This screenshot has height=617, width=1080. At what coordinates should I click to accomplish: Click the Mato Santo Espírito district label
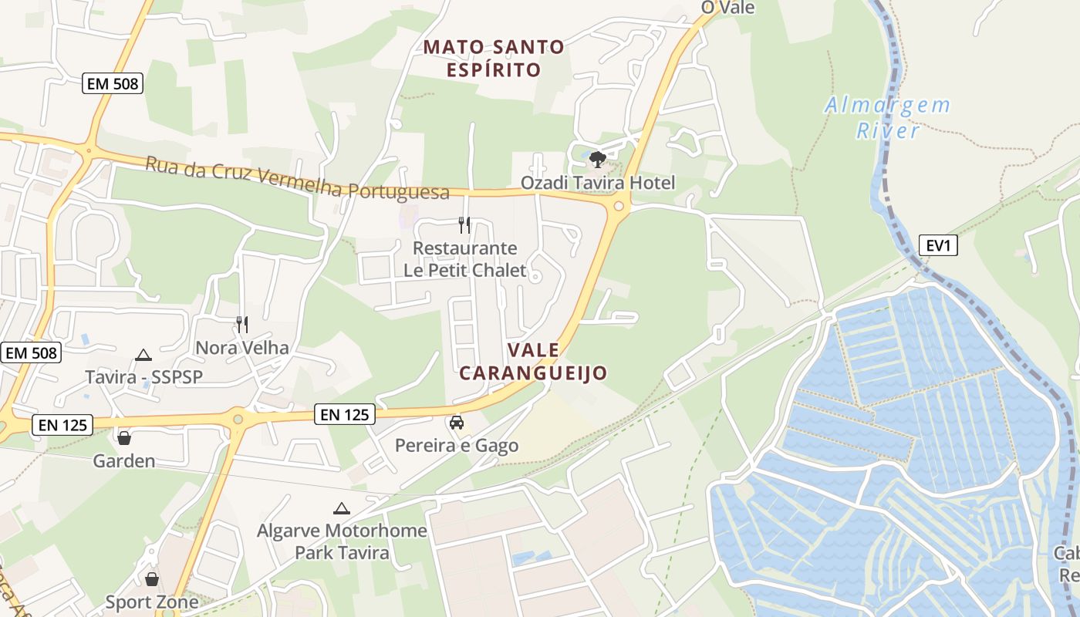coord(494,58)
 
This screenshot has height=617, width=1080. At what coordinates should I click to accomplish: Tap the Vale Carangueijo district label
coord(533,362)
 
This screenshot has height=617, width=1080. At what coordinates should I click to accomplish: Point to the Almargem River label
coord(888,117)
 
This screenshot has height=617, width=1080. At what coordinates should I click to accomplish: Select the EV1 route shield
coord(938,246)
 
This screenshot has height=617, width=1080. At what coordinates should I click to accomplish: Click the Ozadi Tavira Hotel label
coord(598,183)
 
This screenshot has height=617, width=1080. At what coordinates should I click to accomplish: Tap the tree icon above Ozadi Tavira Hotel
coord(597,160)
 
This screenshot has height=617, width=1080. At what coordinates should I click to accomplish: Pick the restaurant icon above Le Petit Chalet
coord(464,225)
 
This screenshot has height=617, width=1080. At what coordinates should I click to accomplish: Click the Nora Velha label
coord(242,347)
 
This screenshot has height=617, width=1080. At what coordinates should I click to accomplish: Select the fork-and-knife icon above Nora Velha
coord(242,324)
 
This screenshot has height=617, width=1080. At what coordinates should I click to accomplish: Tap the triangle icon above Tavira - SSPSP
coord(143,356)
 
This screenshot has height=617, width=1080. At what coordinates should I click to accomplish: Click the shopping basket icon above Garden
coord(123,438)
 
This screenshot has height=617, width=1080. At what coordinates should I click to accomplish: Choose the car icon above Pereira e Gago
coord(457,423)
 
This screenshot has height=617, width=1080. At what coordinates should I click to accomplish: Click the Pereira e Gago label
coord(457,446)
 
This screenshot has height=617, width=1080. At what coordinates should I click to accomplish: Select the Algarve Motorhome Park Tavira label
coord(342,541)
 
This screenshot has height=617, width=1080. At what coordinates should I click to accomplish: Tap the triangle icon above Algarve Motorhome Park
coord(341,508)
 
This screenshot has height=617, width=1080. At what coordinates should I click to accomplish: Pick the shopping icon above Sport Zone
coord(152,578)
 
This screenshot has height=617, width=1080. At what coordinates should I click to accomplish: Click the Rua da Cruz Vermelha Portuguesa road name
coord(297,177)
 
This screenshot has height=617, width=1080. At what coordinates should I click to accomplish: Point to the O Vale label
coord(727,8)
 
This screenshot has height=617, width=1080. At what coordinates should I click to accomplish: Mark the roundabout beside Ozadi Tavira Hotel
coord(619,206)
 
